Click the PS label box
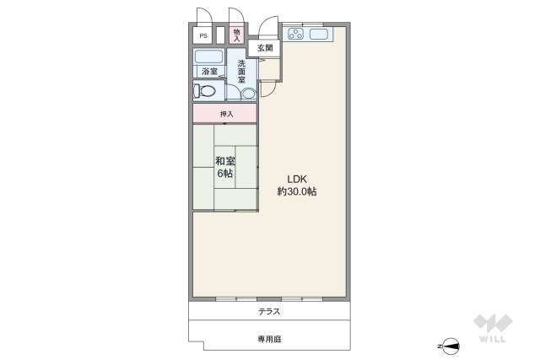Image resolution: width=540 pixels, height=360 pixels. [x=202, y=36]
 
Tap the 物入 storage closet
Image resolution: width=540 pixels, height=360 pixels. [x=237, y=35]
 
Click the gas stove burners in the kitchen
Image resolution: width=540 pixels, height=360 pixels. [x=296, y=35]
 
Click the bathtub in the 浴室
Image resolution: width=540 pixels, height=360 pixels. [x=208, y=57]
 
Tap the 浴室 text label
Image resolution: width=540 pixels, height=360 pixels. [x=208, y=72]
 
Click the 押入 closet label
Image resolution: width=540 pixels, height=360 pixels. [x=225, y=113]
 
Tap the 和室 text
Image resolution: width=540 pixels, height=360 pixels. [x=224, y=160]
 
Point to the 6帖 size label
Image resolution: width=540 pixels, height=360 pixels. [x=224, y=175]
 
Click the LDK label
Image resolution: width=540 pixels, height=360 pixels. [x=297, y=179]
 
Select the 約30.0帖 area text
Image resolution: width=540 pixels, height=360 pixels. [x=297, y=192]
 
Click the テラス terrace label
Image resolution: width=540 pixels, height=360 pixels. [x=269, y=312]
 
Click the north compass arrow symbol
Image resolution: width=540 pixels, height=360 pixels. [x=451, y=346]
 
